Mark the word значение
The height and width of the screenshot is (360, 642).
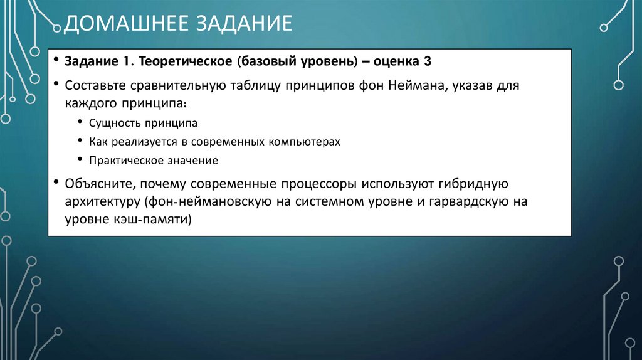point(192,161)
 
